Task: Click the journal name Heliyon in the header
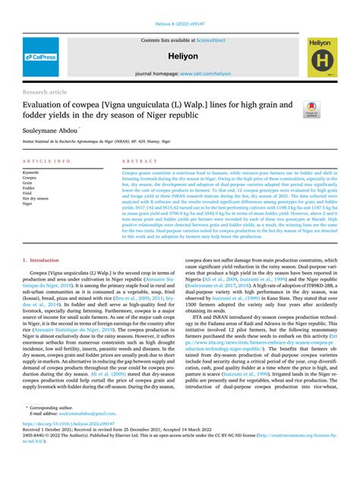click(179, 56)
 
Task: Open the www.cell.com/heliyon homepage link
click(205, 74)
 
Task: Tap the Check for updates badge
click(312, 109)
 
